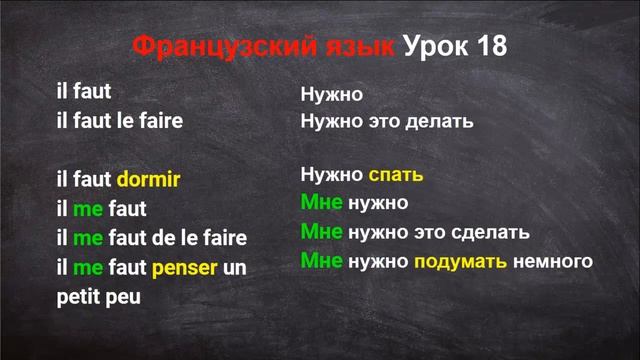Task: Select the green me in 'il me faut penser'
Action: coord(88,268)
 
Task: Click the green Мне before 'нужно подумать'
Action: coord(321,262)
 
